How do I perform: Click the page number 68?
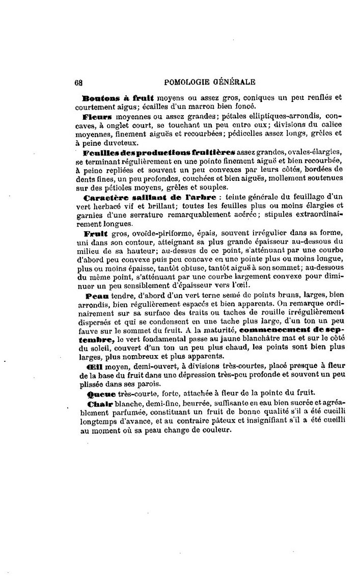(x=78, y=81)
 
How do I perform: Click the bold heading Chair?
(x=95, y=404)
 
